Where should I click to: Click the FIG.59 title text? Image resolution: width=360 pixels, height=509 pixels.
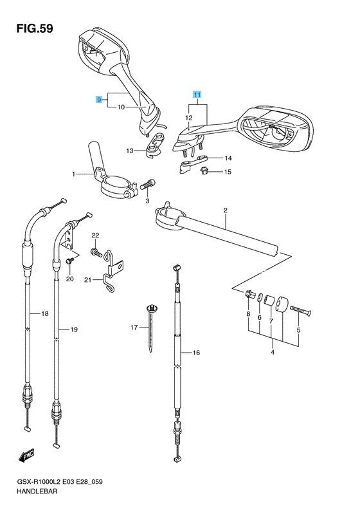35,28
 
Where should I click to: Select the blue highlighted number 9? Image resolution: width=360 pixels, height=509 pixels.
99,100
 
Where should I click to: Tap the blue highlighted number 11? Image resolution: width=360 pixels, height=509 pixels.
197,95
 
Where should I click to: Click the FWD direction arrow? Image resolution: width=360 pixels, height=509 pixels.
26,455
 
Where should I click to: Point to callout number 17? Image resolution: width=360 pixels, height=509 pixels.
134,328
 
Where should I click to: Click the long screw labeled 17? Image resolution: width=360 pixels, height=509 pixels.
152,328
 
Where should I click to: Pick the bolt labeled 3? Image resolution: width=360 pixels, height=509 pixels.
148,185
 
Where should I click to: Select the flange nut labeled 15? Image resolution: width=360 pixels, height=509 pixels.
204,171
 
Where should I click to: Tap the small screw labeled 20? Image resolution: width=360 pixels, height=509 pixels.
69,261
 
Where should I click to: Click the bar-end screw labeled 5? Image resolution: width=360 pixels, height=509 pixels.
300,311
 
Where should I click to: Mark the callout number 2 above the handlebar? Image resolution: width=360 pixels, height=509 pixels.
225,210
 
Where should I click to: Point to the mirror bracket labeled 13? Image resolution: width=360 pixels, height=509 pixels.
155,145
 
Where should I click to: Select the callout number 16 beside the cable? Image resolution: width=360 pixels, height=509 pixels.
196,353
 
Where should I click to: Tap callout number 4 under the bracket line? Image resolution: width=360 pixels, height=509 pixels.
273,352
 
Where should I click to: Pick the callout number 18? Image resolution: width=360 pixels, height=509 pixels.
45,313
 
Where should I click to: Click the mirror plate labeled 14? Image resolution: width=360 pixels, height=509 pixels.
194,163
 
